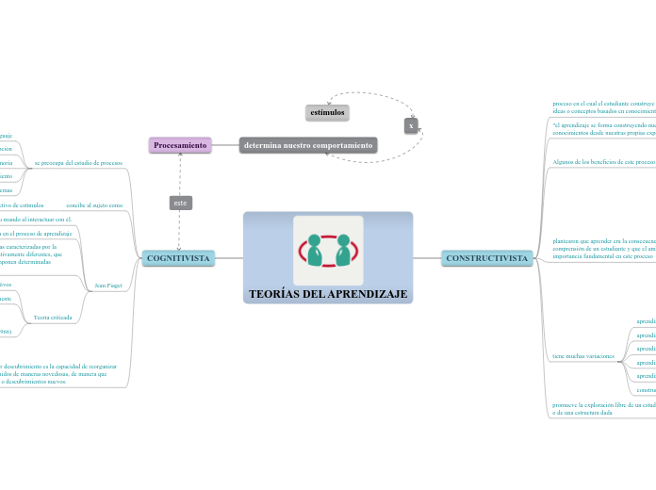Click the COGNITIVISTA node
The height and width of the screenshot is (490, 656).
(178, 257)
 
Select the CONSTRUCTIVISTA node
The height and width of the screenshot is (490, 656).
(486, 257)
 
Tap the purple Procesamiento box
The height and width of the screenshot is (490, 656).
(180, 145)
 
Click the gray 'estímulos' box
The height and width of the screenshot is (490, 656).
(327, 112)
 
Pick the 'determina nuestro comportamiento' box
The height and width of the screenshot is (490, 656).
(308, 145)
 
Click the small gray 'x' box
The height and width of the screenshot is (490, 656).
(411, 124)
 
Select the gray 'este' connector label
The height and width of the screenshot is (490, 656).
(180, 203)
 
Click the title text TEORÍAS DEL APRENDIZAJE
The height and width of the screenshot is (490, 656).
(328, 294)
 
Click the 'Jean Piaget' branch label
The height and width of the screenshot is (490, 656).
(109, 285)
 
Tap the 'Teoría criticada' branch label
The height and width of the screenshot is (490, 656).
(53, 318)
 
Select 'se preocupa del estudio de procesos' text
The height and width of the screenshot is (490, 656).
(78, 163)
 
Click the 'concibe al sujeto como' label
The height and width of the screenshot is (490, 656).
(94, 204)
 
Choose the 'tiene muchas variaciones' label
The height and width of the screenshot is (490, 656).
(583, 356)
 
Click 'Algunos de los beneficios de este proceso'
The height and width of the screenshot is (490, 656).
(603, 161)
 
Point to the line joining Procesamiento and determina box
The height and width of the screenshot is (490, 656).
(225, 145)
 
